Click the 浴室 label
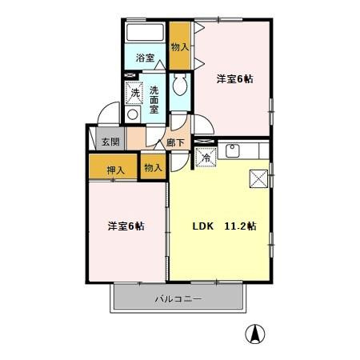(x=144, y=58)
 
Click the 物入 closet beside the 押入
(x=153, y=167)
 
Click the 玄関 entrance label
(x=110, y=142)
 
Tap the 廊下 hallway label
(x=175, y=143)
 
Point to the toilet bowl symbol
(x=180, y=86)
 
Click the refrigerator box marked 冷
(x=206, y=157)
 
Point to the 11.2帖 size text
(x=240, y=226)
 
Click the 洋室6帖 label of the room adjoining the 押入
(x=126, y=226)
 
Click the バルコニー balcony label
(x=178, y=299)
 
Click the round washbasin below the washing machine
(x=133, y=114)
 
